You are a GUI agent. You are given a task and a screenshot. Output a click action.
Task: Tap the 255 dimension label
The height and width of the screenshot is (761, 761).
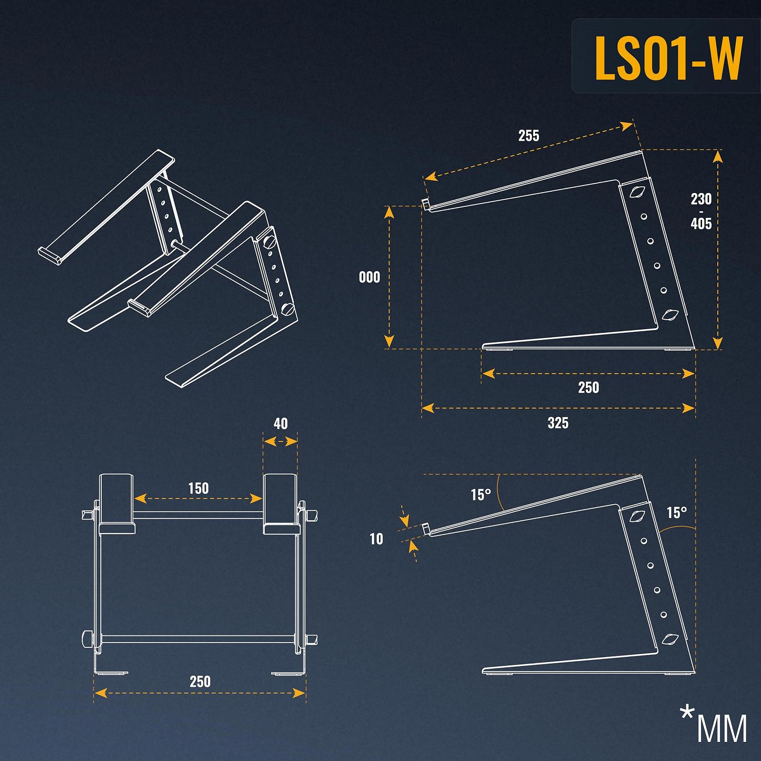pos(528,136)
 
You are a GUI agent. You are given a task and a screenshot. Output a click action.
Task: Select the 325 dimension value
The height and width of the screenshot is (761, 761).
pos(558,423)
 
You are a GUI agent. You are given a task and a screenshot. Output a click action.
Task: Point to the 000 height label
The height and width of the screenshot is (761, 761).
pos(370,277)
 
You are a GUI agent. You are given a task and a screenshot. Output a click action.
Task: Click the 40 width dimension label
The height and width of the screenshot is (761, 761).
pos(281,424)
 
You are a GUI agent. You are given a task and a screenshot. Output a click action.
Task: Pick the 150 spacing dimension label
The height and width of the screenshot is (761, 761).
pos(198,488)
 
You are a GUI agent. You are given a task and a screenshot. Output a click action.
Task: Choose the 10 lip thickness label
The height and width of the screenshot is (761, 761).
pos(376,539)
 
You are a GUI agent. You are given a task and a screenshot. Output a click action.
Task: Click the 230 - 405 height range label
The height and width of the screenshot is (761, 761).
pos(701,211)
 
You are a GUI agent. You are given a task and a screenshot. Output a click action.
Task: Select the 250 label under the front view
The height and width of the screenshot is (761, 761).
pos(200,682)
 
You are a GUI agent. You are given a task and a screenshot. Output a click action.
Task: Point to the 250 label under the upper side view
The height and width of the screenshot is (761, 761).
pos(588,388)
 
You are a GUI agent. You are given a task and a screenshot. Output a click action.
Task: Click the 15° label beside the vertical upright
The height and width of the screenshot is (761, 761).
pos(676,513)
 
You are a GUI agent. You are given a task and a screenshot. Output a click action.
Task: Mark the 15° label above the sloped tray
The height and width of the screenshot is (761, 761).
pos(480,495)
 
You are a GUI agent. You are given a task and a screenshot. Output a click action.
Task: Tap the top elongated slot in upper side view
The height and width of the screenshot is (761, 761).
pos(637,192)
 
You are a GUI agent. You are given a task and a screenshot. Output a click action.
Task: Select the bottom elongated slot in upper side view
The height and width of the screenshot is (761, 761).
pos(671,314)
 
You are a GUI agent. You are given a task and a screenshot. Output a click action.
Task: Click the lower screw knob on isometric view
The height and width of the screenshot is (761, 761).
pos(288,310)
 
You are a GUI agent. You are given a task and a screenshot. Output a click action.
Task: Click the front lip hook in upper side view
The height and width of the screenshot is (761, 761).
pos(426,204)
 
